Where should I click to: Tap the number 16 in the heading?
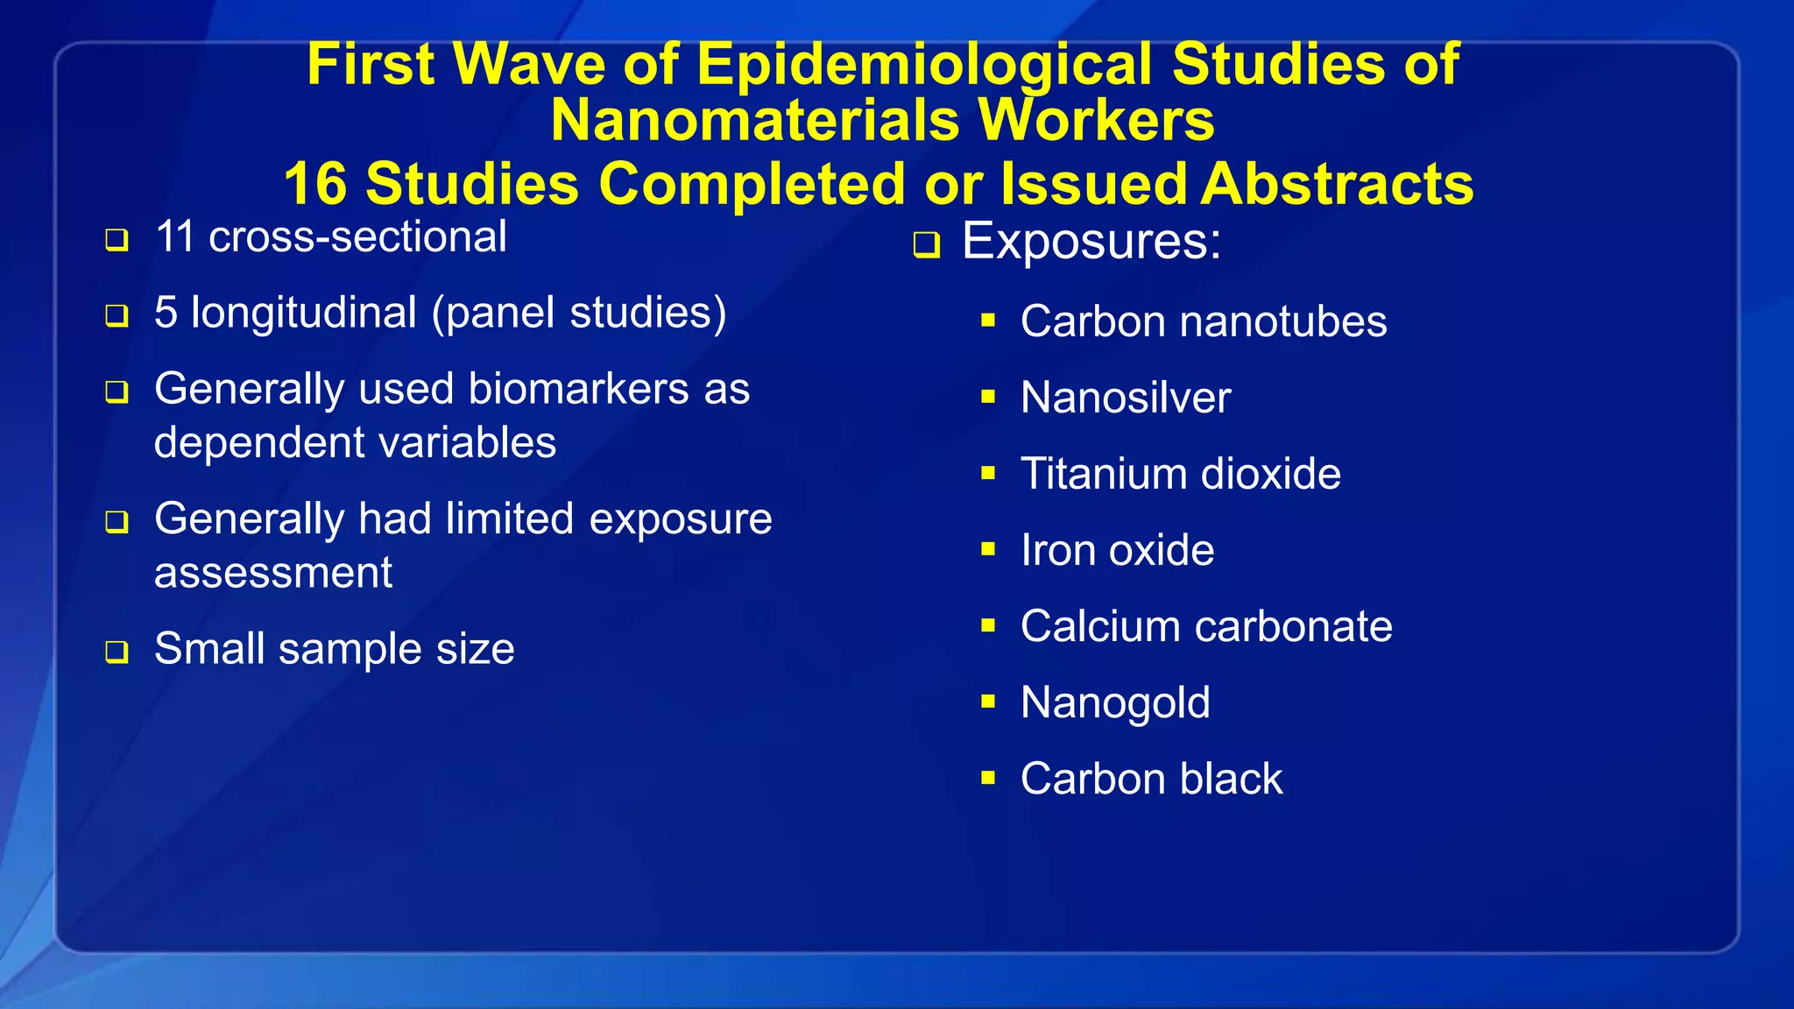pos(314,184)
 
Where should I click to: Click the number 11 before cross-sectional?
pos(174,236)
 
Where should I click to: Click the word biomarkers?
pos(578,389)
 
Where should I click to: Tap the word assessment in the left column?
pos(273,573)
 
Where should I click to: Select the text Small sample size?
pos(334,649)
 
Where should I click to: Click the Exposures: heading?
pos(1091,241)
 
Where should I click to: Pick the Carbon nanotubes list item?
pos(1204,321)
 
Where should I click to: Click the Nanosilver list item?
pos(1126,398)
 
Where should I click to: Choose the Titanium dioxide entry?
pos(1180,474)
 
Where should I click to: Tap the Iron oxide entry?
pos(1117,550)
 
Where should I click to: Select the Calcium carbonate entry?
pos(1206,626)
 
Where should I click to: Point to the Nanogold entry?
pos(1115,702)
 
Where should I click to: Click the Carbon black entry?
pos(1151,779)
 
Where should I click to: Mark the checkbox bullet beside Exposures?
pos(926,244)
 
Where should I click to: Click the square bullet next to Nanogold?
pos(988,702)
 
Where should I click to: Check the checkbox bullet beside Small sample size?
pos(117,652)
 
